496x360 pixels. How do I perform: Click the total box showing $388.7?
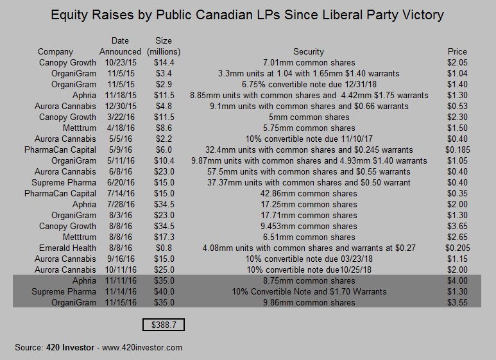click(x=163, y=325)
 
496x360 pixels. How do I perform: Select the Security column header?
click(x=309, y=51)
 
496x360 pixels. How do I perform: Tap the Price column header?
click(x=456, y=51)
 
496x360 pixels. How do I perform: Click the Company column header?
click(x=55, y=51)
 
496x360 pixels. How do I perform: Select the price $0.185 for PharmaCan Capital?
click(x=456, y=150)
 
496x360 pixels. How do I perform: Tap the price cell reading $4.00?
click(x=456, y=280)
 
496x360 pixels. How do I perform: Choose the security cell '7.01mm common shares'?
click(x=309, y=62)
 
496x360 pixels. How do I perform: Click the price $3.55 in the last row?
click(x=456, y=302)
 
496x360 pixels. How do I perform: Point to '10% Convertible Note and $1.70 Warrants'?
click(x=309, y=291)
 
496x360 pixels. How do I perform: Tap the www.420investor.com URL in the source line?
click(x=142, y=347)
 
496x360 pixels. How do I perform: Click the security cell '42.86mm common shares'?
click(x=309, y=193)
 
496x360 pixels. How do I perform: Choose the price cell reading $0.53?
click(x=456, y=106)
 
